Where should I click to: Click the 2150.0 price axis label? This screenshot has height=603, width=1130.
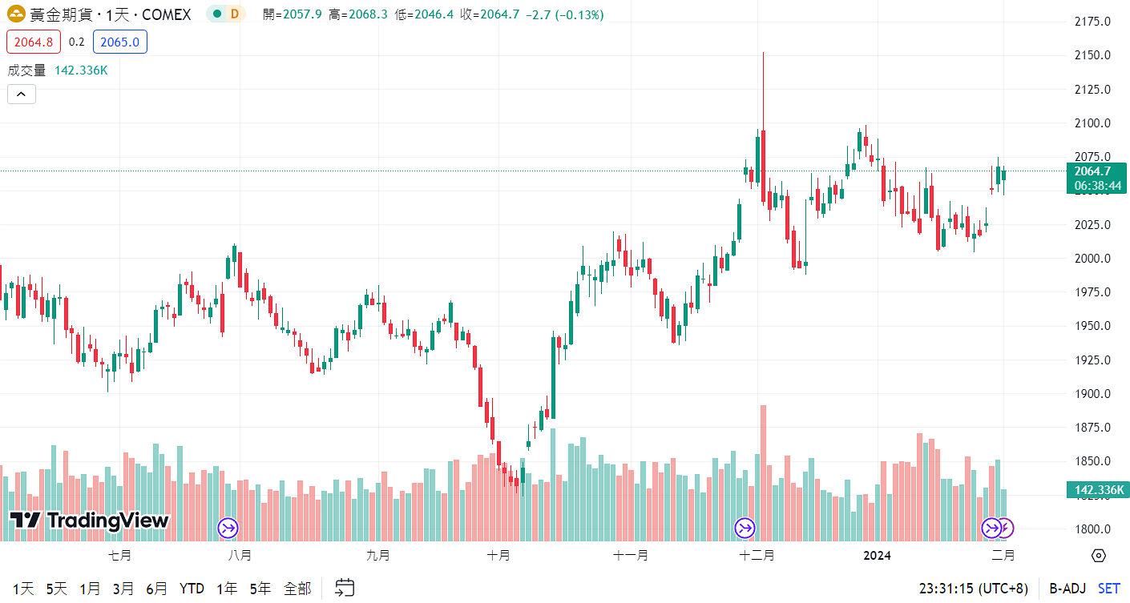point(1092,55)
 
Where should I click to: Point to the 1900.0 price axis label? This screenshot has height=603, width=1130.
point(1092,394)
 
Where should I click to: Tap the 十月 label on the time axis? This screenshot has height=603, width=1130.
point(498,555)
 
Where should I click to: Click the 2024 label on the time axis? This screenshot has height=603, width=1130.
point(876,555)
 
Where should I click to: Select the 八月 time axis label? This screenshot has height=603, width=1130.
point(240,555)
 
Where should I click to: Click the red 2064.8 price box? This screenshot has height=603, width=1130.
point(33,42)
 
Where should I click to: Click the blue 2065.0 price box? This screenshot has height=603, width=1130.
point(120,42)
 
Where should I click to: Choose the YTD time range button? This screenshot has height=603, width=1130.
point(192,589)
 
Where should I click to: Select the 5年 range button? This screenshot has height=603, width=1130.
point(260,589)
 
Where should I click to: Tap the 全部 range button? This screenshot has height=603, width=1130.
point(297,589)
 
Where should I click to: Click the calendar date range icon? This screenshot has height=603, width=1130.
point(345,588)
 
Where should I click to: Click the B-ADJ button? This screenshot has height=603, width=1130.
point(1067,589)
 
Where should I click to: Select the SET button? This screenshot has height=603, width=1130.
point(1109,589)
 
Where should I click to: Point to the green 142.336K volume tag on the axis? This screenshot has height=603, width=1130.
point(1097,490)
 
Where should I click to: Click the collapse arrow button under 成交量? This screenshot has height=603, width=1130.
point(21,94)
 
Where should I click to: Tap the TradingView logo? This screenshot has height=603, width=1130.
point(90,521)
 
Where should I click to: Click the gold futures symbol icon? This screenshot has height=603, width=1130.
point(16,14)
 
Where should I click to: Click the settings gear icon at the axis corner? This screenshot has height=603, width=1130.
point(1099,556)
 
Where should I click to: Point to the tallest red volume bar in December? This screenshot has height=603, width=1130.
point(763,472)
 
